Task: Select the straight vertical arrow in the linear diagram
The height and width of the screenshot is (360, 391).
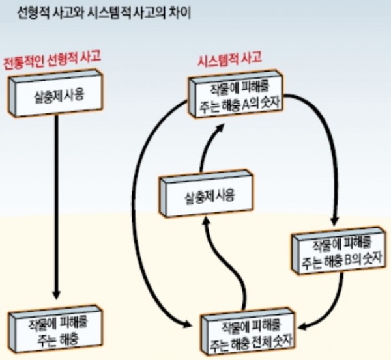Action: tap(57, 208)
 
